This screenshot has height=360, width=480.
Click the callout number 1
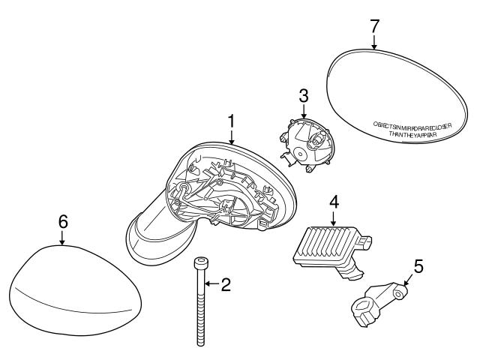pyautogui.click(x=232, y=120)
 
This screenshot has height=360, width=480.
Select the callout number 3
pyautogui.click(x=304, y=95)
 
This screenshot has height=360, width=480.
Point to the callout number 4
pyautogui.click(x=334, y=201)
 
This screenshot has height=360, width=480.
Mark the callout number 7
pyautogui.click(x=375, y=25)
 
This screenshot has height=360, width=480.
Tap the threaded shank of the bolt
pyautogui.click(x=200, y=315)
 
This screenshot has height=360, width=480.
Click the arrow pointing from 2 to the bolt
pyautogui.click(x=211, y=283)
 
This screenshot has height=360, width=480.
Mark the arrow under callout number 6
pyautogui.click(x=63, y=238)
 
